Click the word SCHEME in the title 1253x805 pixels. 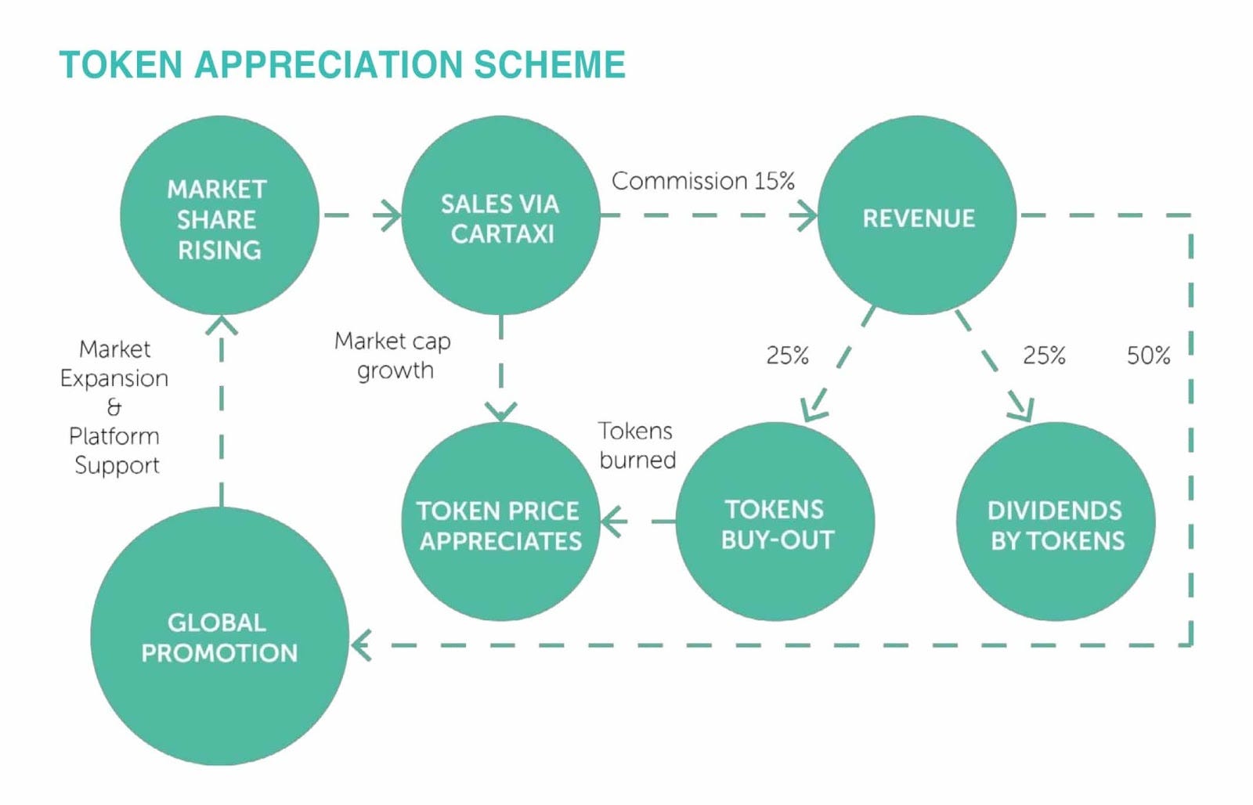coord(549,65)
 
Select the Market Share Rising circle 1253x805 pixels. coord(219,216)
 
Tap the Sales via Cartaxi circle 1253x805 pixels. coord(500,216)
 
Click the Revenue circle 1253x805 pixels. coord(917,216)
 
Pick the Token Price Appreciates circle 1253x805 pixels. coord(500,522)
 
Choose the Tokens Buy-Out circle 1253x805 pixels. coord(775,522)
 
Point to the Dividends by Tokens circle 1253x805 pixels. coord(1056,522)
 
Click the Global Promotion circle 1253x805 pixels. coord(219,636)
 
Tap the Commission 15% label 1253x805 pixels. coord(702,181)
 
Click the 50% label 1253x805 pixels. coord(1148,356)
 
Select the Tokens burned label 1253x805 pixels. coord(637,445)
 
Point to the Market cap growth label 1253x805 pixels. coord(393,355)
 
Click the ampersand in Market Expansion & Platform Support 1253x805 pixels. coord(114,407)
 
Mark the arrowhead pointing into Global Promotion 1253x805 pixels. coord(361,646)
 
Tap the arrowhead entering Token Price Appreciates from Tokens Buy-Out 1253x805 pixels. coord(613,522)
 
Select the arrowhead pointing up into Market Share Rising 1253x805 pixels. coord(222,323)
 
